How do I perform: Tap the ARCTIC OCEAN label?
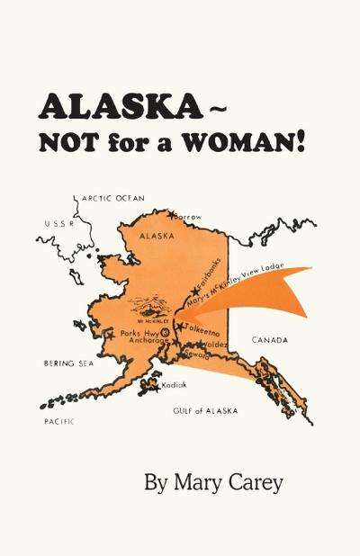[x=113, y=199]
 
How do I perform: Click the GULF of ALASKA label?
[x=205, y=410]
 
